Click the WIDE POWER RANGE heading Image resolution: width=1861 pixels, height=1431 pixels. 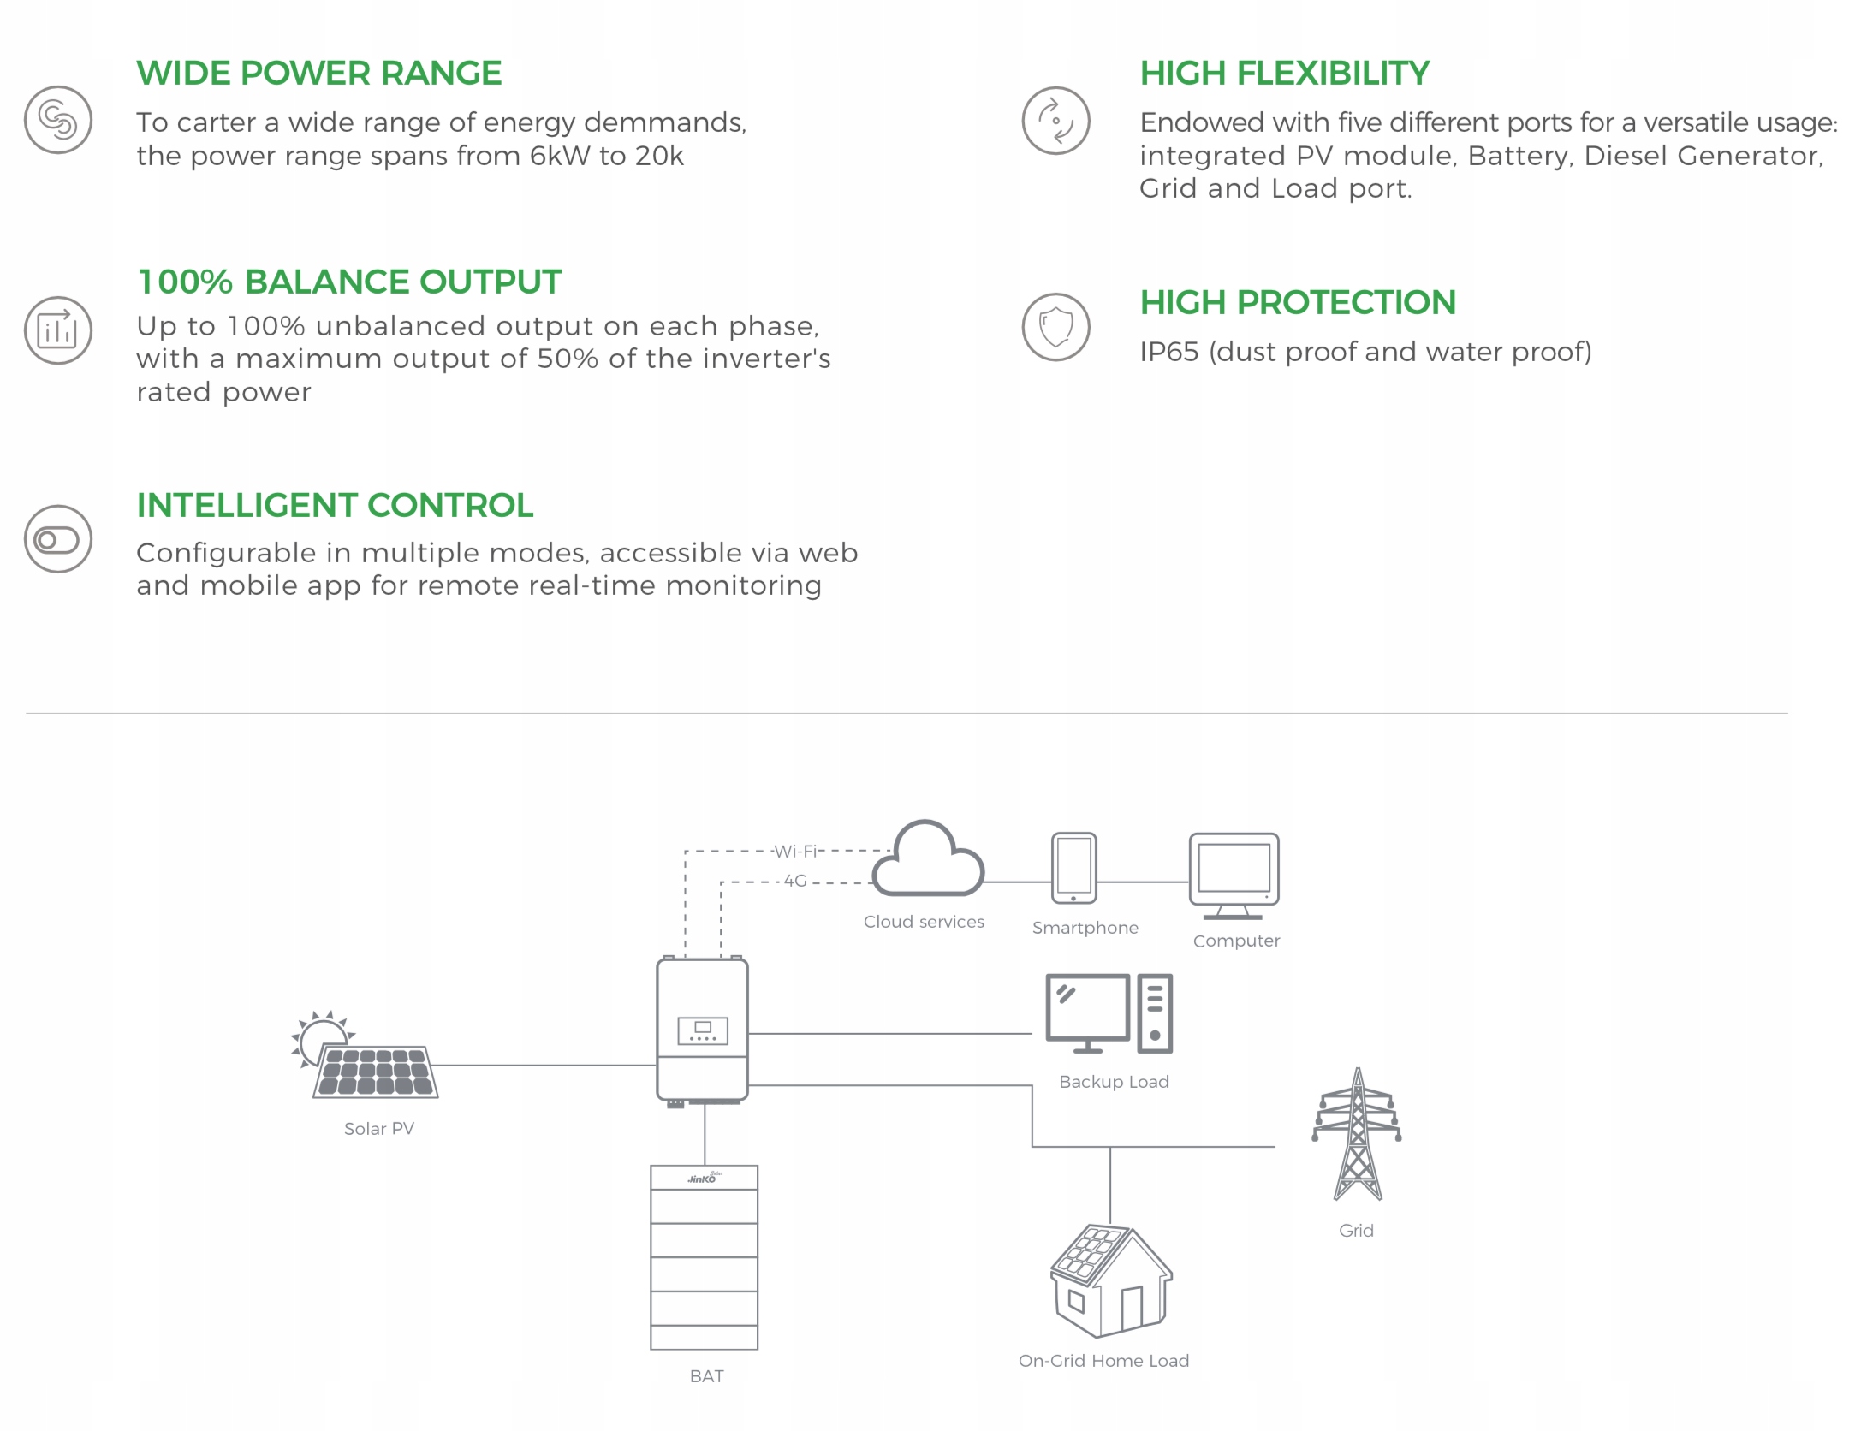click(318, 74)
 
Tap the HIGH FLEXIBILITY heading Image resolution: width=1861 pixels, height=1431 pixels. click(1284, 74)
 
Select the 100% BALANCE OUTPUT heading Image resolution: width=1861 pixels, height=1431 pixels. click(349, 282)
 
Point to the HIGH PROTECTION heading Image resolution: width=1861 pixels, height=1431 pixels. click(1297, 302)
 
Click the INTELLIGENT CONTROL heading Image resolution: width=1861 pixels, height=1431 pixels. click(335, 505)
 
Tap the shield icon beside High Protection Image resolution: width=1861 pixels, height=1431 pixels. click(1055, 327)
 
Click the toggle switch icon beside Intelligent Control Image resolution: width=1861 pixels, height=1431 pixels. click(57, 539)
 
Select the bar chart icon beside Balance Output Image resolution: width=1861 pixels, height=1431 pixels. click(57, 330)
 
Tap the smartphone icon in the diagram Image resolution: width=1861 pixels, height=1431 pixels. click(1073, 868)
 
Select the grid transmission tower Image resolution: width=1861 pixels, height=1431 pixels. click(1357, 1134)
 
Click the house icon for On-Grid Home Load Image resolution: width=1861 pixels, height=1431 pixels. click(1110, 1280)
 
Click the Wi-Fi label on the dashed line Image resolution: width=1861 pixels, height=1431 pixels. click(795, 852)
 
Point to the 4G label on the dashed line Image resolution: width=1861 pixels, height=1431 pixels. click(795, 881)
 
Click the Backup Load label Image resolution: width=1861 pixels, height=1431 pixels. click(1114, 1082)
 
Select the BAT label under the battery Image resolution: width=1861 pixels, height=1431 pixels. click(706, 1376)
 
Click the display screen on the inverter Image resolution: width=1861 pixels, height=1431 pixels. click(702, 1030)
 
